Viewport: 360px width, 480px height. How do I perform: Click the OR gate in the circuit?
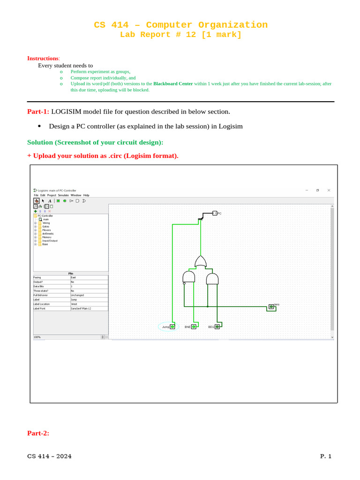click(x=201, y=262)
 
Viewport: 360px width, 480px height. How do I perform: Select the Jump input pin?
click(x=172, y=327)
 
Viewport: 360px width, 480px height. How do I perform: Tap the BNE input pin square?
click(x=194, y=327)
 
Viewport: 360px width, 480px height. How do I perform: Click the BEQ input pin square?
click(x=217, y=327)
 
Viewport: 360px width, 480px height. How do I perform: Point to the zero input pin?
click(x=271, y=307)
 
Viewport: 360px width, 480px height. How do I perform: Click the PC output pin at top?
click(x=214, y=213)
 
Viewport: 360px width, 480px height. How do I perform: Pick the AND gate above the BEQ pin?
click(x=212, y=279)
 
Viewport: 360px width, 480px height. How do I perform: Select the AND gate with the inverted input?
click(x=188, y=277)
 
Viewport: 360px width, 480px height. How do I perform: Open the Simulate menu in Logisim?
click(x=63, y=195)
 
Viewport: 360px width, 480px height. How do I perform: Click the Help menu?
click(x=86, y=195)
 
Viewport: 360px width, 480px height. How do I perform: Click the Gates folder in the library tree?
click(x=45, y=226)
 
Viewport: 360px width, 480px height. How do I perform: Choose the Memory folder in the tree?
click(x=46, y=237)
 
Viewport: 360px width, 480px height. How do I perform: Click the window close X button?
click(x=329, y=190)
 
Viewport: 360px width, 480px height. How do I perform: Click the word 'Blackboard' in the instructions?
click(x=164, y=84)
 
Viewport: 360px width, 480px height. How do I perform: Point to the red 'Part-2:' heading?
click(x=38, y=433)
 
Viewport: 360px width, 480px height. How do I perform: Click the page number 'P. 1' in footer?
click(x=326, y=456)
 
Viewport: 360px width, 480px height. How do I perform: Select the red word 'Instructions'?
click(x=43, y=58)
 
